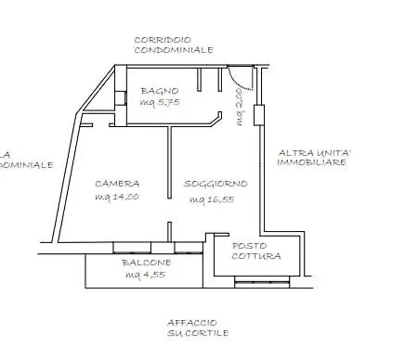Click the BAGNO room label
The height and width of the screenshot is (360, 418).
click(x=153, y=91)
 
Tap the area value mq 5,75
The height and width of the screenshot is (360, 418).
click(x=159, y=103)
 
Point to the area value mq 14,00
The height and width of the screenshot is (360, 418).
click(x=116, y=197)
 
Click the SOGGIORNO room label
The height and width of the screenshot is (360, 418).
click(x=210, y=184)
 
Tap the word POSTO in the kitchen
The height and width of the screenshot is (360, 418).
click(x=249, y=246)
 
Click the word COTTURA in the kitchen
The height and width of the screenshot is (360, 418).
click(x=255, y=257)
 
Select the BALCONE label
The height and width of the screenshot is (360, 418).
click(x=144, y=264)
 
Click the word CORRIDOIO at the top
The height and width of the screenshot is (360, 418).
click(x=163, y=40)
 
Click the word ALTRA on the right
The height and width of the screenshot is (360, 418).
click(x=296, y=151)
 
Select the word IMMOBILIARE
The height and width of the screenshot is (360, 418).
click(x=312, y=162)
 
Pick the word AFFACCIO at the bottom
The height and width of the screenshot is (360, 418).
click(x=193, y=321)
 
